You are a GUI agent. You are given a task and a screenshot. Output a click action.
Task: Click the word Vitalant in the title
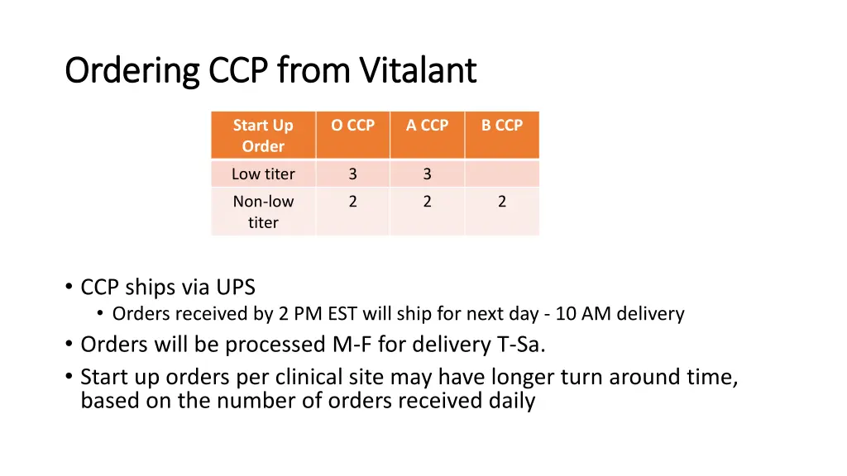pos(418,70)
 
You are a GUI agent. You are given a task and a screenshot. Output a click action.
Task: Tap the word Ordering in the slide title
pos(132,72)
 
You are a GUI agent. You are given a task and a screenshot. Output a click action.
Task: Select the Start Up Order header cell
pos(263,136)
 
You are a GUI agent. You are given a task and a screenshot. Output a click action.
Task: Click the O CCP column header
pos(352,126)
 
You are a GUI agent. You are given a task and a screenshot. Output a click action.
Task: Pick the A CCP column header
pos(427,126)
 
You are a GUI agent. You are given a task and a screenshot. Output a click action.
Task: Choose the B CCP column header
pos(502,126)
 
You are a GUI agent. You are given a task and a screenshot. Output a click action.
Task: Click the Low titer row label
pos(263,174)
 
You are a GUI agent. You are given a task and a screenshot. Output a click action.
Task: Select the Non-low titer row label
pos(263,212)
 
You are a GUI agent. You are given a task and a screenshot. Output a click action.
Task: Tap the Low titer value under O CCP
pos(352,174)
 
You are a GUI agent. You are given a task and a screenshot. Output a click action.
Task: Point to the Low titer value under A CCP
pos(427,174)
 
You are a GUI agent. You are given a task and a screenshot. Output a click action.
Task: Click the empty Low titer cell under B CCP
pos(502,174)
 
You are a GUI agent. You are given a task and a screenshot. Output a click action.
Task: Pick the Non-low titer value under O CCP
pos(352,202)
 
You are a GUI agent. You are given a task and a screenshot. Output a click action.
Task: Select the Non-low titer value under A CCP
pos(427,202)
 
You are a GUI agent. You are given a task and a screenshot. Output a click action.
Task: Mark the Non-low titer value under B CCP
pos(502,202)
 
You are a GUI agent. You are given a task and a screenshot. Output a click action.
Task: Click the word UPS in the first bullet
pos(236,288)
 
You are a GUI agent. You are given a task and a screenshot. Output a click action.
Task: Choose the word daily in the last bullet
pos(510,401)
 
